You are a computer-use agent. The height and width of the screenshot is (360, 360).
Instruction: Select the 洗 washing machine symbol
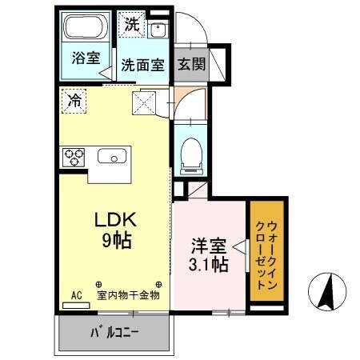131,23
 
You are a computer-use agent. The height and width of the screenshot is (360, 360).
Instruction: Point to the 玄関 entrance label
190,64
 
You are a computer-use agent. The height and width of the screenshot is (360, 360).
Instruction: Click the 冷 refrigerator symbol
73,101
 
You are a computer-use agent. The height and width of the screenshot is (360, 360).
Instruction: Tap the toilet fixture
191,152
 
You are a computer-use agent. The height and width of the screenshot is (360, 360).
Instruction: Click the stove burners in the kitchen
74,154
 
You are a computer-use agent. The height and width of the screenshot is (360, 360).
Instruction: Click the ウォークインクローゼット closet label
266,251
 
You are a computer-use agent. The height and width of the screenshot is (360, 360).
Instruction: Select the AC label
78,294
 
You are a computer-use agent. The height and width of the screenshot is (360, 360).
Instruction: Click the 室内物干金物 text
129,294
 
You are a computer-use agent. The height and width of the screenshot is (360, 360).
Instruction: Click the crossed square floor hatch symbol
146,103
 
